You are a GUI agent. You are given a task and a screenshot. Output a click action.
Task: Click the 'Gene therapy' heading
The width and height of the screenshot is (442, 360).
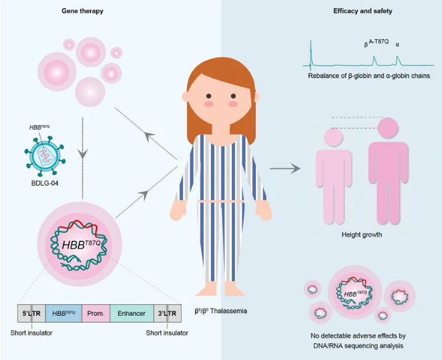coord(82,12)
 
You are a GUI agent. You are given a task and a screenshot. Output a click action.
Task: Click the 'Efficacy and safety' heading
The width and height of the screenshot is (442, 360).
coord(362,12)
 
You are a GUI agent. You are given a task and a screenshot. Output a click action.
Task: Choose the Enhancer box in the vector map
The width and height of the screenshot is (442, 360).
coord(132,313)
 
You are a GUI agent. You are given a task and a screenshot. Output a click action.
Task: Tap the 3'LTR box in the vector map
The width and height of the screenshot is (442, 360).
coord(167,313)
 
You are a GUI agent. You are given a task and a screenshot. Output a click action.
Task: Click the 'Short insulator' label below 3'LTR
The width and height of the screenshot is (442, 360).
coord(167,333)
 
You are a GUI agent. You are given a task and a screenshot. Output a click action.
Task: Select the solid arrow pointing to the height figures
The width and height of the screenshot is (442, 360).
coord(286,169)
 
